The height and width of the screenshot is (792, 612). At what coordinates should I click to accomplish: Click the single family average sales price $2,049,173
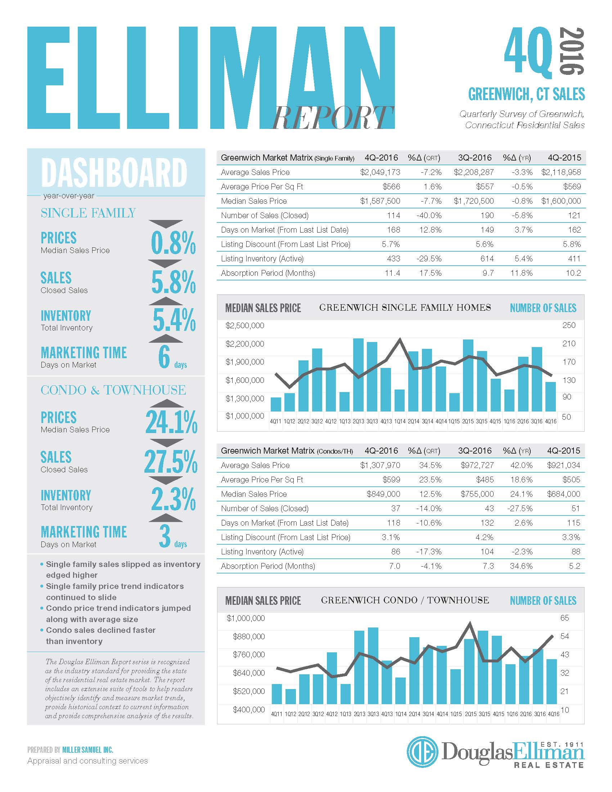[380, 172]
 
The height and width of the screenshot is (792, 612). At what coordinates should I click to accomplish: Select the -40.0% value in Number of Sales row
[429, 215]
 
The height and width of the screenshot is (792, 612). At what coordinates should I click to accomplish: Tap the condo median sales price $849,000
[383, 494]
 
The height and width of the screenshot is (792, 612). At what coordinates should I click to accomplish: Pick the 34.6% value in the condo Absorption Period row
[521, 566]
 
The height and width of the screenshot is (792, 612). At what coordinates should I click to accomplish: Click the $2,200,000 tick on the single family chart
[245, 344]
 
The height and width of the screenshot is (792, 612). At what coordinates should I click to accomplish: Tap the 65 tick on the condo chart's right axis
[565, 617]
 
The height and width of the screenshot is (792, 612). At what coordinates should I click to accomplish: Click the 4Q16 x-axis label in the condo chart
[553, 714]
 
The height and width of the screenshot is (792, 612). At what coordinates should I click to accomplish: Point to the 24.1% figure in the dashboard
[171, 422]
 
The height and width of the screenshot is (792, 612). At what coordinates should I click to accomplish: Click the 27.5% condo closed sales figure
[171, 462]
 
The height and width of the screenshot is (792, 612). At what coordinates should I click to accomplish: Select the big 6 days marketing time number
[164, 357]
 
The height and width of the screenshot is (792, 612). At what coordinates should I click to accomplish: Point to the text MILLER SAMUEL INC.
[88, 750]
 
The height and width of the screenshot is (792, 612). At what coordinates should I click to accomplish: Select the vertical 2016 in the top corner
[571, 51]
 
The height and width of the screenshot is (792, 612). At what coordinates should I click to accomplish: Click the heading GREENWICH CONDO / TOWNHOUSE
[405, 600]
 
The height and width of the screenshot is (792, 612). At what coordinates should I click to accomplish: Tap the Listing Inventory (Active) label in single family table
[262, 258]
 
